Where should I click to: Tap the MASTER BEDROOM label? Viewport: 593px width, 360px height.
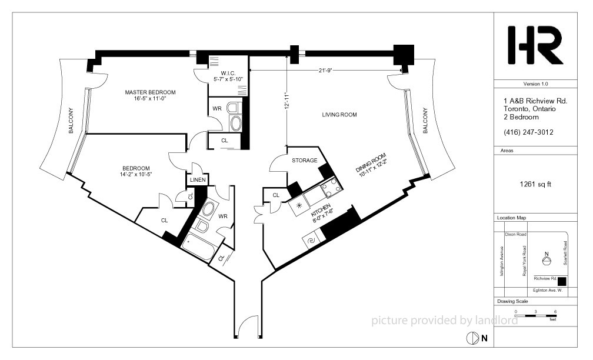click(x=150, y=92)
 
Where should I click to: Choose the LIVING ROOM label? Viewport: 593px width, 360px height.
click(x=339, y=115)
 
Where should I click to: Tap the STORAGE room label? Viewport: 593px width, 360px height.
click(x=305, y=161)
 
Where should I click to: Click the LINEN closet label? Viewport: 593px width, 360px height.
click(x=198, y=179)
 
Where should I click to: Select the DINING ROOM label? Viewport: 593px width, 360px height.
click(x=371, y=162)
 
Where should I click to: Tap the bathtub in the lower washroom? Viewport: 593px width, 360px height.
click(x=199, y=247)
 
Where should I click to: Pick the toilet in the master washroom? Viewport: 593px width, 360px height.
click(x=234, y=108)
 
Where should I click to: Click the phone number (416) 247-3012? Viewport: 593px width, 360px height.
click(x=528, y=132)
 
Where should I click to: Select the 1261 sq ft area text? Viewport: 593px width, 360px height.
click(x=535, y=185)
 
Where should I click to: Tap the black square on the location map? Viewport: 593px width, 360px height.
click(x=562, y=281)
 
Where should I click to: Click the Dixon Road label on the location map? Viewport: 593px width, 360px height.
click(x=515, y=235)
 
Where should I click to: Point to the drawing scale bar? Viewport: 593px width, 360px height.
click(x=535, y=315)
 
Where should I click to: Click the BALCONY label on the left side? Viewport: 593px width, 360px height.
click(x=71, y=121)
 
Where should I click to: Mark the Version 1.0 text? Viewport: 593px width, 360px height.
click(x=535, y=84)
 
